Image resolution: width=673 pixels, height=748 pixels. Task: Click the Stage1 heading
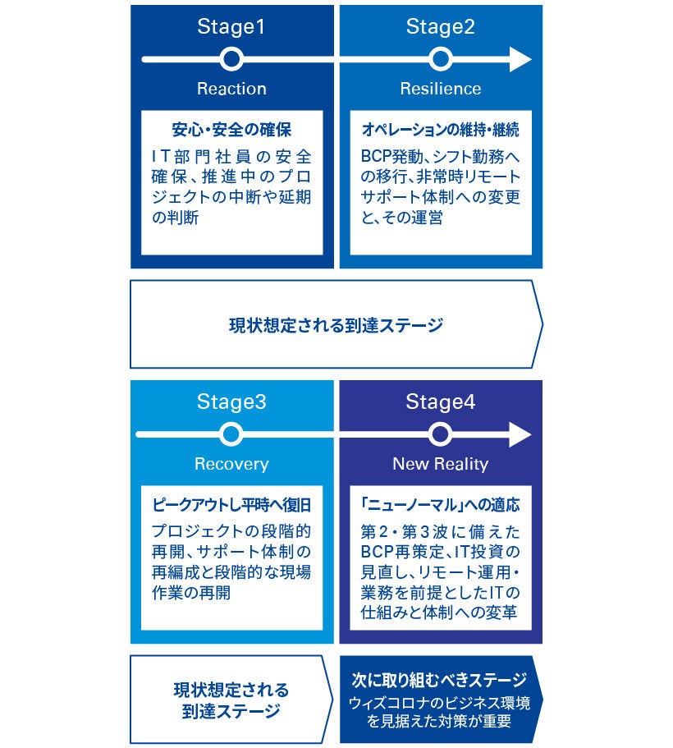coord(231,27)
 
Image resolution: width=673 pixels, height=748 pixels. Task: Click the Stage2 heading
coord(441,27)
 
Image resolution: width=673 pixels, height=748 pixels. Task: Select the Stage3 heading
coord(231,402)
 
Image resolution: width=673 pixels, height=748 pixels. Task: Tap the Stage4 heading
coord(441,402)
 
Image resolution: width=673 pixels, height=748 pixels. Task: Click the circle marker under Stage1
coord(231,59)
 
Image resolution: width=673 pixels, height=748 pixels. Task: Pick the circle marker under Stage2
coord(441,59)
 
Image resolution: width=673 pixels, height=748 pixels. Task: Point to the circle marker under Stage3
coord(231,434)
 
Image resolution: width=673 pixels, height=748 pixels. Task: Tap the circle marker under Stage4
coord(441,434)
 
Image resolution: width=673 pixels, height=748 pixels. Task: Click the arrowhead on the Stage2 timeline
coord(520,59)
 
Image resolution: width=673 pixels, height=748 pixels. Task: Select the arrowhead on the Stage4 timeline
coord(520,434)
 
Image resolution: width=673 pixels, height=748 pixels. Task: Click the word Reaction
coord(231,89)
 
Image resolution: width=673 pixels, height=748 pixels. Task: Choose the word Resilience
coord(441,89)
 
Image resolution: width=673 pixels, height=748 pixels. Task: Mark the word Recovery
coord(231,464)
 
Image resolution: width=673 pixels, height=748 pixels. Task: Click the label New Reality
coord(441,464)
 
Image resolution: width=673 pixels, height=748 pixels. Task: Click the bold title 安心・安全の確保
coord(231,131)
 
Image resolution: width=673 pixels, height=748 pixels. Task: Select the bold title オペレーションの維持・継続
coord(441,131)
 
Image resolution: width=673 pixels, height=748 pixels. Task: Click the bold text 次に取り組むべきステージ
coord(439,681)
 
